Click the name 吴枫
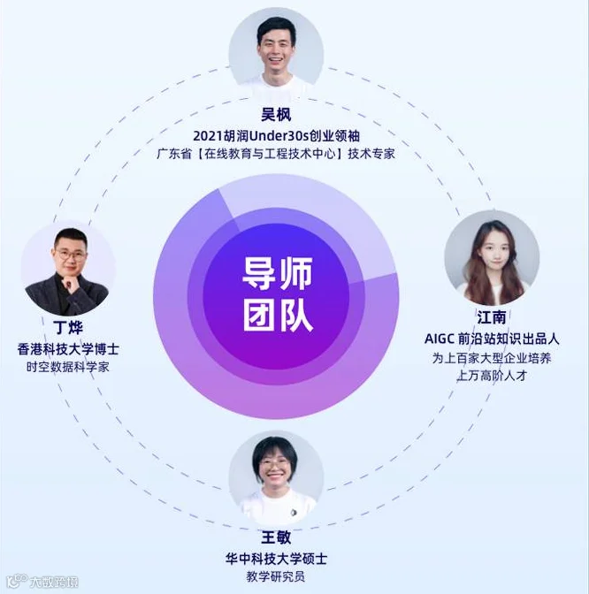[276, 114]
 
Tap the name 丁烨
[69, 327]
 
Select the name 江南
[492, 317]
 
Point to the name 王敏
[276, 537]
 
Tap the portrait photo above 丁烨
[68, 269]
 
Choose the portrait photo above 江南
[492, 257]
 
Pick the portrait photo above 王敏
[276, 479]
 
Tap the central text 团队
[278, 316]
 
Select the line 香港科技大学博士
[68, 349]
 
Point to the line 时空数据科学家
[68, 367]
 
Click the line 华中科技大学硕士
[276, 559]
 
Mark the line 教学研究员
[276, 577]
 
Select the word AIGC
[440, 339]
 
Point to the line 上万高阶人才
[492, 376]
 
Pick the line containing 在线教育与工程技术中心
[276, 154]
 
